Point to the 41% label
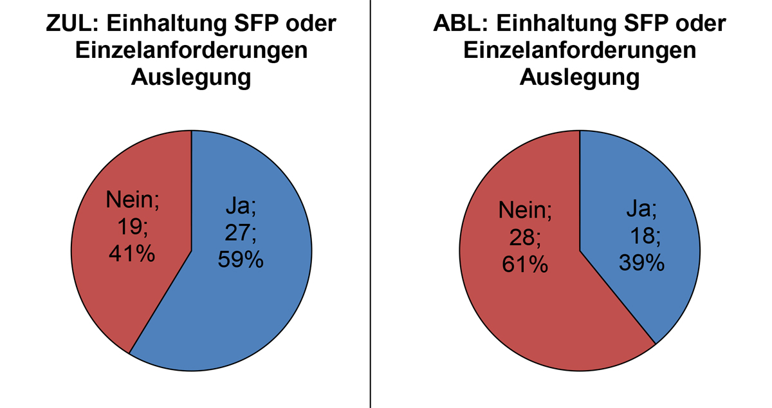[x=133, y=254]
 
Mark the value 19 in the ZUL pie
[x=131, y=227]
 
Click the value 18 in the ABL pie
[x=644, y=236]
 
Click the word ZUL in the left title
[x=69, y=24]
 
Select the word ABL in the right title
[x=458, y=24]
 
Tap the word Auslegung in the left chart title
[x=190, y=77]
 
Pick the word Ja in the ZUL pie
[x=241, y=206]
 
